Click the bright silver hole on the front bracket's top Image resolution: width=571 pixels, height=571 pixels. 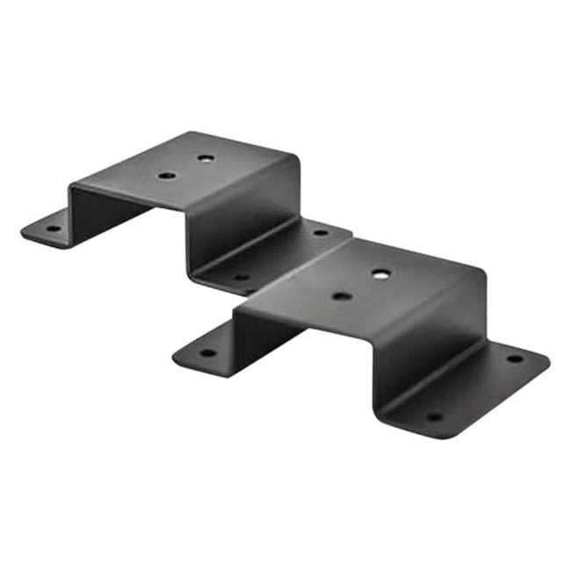click(379, 274)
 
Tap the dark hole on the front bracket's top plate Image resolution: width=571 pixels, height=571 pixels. click(342, 296)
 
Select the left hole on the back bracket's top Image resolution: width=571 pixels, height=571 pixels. click(167, 176)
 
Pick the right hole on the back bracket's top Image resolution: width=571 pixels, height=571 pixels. click(206, 159)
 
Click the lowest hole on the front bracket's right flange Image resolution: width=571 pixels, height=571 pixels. click(433, 416)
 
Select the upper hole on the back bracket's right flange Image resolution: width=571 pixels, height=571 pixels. click(321, 233)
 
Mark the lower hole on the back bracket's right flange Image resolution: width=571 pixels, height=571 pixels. click(240, 277)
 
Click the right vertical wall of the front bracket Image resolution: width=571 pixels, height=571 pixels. click(430, 343)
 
